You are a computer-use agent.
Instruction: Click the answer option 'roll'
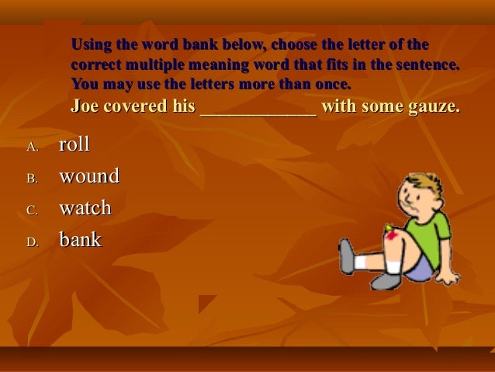pos(74,144)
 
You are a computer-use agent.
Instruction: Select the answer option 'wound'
pos(89,176)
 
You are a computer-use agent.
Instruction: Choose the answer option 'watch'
pos(85,208)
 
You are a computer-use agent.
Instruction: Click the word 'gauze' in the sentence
pos(431,106)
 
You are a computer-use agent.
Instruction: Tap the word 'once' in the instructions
pos(334,82)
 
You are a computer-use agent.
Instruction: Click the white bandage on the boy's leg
pos(394,266)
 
